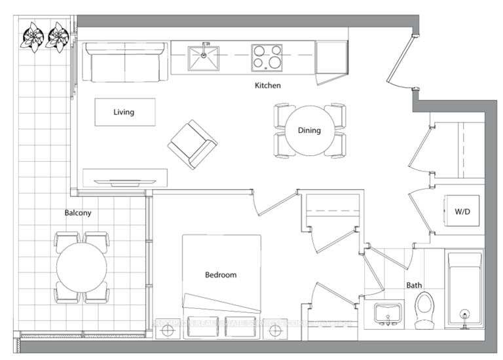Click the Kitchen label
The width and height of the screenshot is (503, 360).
tap(268, 86)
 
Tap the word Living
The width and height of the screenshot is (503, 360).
tap(124, 112)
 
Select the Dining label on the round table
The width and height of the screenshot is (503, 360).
tap(309, 130)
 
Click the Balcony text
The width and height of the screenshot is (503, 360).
tap(78, 213)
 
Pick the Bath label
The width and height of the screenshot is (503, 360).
tap(414, 285)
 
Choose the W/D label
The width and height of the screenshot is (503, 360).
tap(462, 211)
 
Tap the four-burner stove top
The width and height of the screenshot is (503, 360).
tap(267, 58)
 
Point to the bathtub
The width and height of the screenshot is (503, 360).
tap(464, 289)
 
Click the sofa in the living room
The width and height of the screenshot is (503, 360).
tap(124, 62)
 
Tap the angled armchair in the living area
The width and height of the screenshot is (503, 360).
tap(192, 143)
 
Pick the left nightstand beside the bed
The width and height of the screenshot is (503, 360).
tap(168, 327)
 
